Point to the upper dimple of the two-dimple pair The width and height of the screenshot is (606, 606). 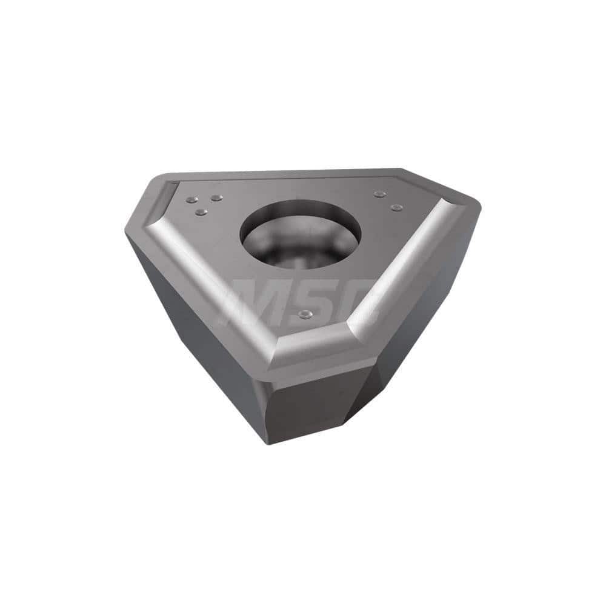380,194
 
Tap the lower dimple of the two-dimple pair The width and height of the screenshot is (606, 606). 397,208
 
